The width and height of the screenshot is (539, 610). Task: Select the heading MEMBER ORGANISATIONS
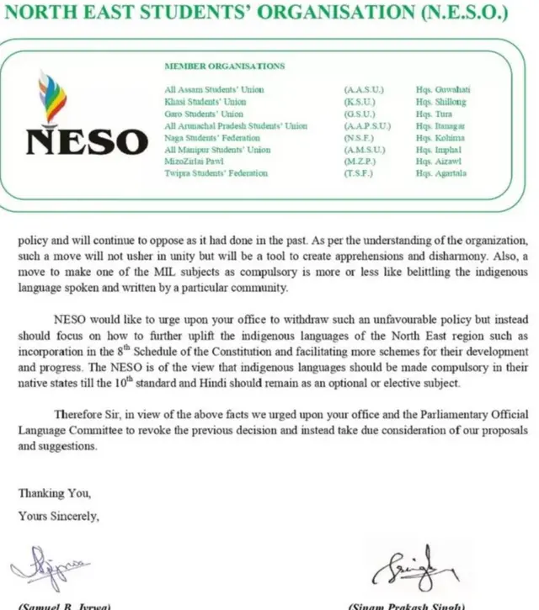[x=224, y=66]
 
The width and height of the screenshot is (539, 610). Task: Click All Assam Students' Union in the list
[x=214, y=89]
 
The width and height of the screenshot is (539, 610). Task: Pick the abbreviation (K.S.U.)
[x=360, y=101]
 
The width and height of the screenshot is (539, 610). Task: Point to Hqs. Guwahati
[x=440, y=89]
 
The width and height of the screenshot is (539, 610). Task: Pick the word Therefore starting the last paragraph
[x=78, y=415]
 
